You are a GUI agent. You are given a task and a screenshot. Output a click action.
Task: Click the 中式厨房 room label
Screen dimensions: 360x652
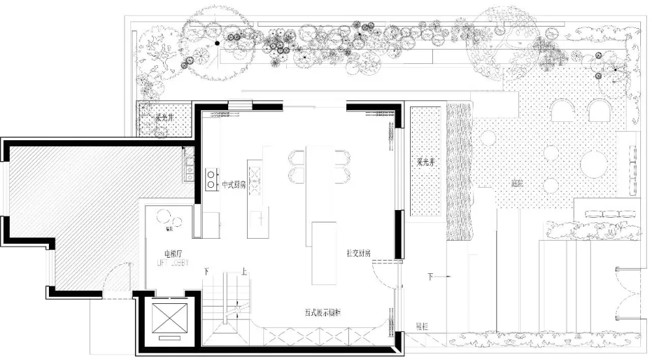[x=233, y=185]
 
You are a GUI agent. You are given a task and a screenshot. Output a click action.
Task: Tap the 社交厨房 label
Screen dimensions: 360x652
[x=359, y=252]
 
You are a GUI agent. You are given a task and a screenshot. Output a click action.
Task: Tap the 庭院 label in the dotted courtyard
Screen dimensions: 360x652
[x=518, y=183]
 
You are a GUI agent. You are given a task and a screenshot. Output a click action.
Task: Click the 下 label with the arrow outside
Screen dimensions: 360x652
[x=430, y=276]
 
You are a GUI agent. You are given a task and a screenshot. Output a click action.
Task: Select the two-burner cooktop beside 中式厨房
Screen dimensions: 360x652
[x=211, y=179]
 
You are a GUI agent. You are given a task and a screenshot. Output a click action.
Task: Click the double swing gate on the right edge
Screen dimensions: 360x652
[x=629, y=293]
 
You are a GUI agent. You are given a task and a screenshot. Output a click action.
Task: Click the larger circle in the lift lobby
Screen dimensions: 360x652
[x=161, y=218]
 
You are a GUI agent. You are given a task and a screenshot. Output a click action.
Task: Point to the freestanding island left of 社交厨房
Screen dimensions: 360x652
[x=324, y=253]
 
